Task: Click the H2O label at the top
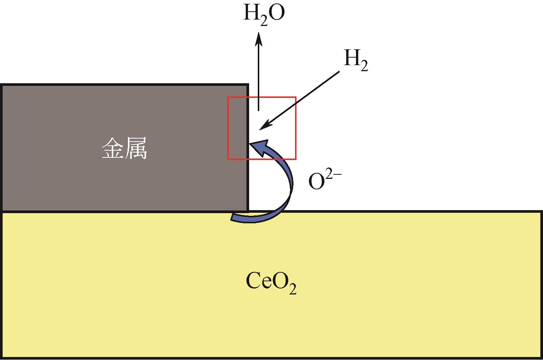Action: (x=264, y=14)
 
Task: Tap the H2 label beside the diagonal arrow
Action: (x=356, y=60)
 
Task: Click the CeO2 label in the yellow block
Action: (x=271, y=282)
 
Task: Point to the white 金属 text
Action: (x=124, y=148)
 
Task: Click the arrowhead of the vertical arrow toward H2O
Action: (x=259, y=39)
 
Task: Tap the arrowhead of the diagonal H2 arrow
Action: (x=265, y=125)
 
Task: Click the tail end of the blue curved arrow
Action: (x=232, y=217)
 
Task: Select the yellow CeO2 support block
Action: (x=272, y=285)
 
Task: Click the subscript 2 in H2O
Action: (x=264, y=21)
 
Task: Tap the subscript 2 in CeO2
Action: (x=293, y=289)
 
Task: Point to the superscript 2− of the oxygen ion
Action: (x=334, y=176)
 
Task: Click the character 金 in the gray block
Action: (x=112, y=148)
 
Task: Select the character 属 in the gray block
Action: (x=136, y=148)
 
